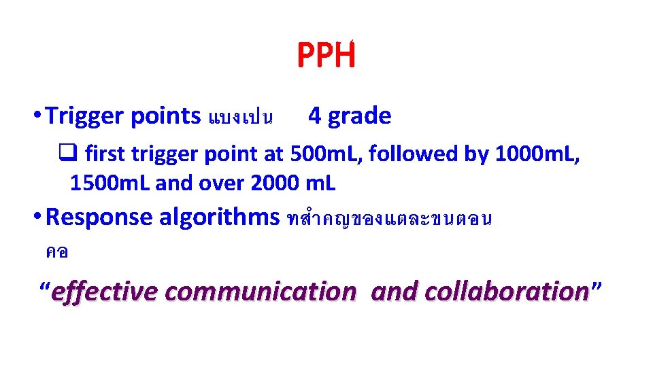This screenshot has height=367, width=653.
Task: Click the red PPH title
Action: [326, 56]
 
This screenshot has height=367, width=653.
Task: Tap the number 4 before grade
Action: [314, 116]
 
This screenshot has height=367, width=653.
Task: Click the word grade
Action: [360, 116]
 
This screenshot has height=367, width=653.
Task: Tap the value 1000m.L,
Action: [538, 154]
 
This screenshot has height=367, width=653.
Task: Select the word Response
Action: [99, 217]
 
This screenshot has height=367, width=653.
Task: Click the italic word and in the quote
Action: [395, 292]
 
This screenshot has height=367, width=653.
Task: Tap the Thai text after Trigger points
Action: [241, 118]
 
